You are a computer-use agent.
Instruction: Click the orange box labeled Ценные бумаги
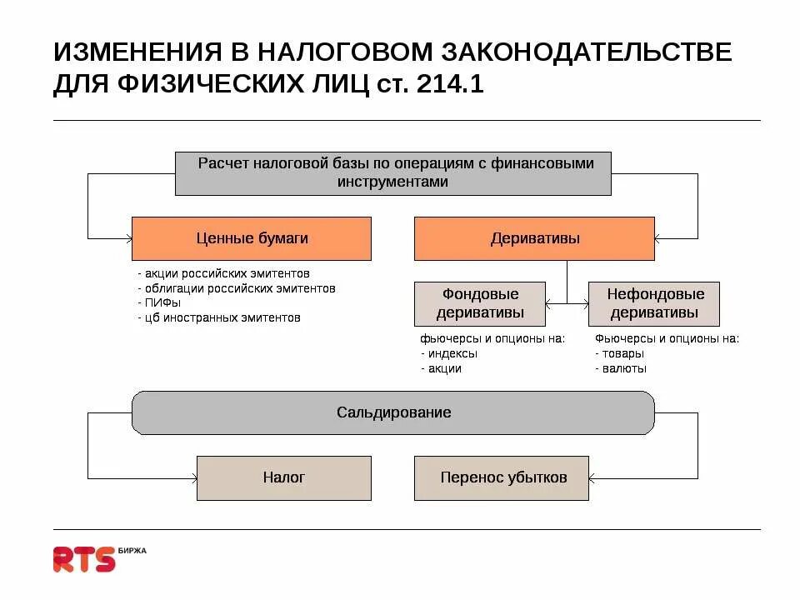[252, 238]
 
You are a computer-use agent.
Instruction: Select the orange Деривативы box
[534, 238]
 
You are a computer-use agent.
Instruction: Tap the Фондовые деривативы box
[480, 304]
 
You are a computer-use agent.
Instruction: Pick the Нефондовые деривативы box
[654, 304]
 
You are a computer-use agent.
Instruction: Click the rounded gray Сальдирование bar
[393, 412]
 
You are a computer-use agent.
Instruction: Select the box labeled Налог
[283, 477]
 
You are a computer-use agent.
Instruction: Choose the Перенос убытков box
[502, 477]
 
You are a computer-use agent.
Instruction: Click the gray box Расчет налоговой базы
[393, 173]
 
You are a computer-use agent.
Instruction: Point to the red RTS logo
[83, 559]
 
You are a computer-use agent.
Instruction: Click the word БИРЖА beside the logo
[132, 550]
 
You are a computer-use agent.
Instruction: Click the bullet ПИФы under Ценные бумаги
[162, 302]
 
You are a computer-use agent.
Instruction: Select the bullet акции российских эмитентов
[225, 273]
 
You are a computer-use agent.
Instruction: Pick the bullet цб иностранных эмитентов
[222, 317]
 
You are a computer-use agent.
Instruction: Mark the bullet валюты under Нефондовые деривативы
[624, 368]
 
